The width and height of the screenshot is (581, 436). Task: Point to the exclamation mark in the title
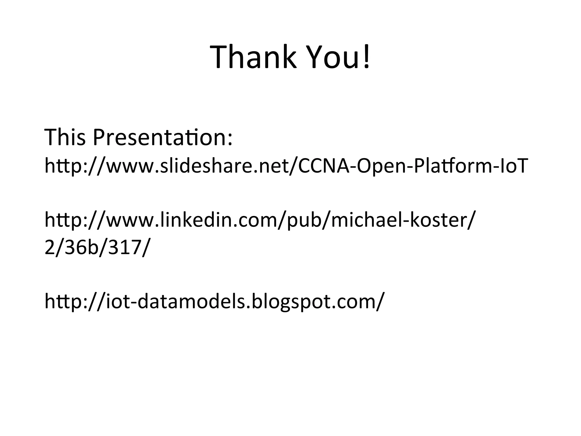click(367, 56)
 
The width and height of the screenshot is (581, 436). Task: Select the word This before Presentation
click(65, 137)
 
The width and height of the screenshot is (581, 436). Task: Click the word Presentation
click(159, 137)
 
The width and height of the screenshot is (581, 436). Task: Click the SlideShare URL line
click(286, 166)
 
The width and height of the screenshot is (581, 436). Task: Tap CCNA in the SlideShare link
click(323, 166)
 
